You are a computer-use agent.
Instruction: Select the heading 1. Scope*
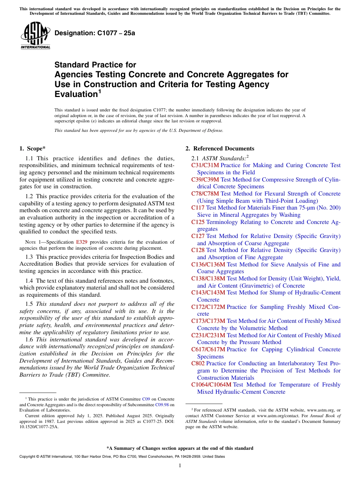point(33,149)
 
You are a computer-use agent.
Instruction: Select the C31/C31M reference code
point(205,165)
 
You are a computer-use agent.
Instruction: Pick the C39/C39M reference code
point(205,180)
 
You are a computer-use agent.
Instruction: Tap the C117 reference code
point(198,208)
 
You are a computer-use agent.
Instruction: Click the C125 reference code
point(198,222)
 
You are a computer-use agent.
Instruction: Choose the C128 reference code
point(198,250)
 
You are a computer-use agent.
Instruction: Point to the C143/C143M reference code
point(208,293)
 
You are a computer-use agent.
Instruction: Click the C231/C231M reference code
point(208,335)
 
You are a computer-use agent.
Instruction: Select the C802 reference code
point(198,363)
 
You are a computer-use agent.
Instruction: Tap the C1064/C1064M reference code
point(211,385)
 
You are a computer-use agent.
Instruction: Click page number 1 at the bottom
point(180,465)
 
